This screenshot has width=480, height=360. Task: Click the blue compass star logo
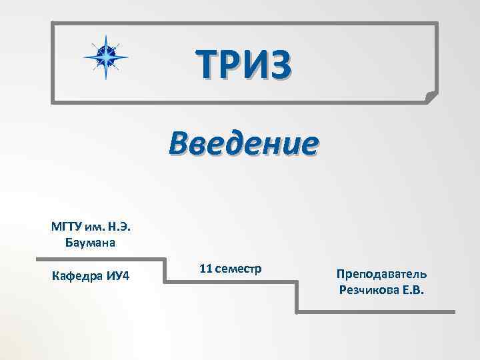[x=105, y=56]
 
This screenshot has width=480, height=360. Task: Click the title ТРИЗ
[x=244, y=65]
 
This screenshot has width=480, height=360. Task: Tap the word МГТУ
[x=65, y=227]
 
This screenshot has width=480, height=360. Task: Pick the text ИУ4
[x=117, y=276]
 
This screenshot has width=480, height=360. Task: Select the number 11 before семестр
[x=205, y=269]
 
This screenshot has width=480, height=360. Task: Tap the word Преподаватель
[x=382, y=274]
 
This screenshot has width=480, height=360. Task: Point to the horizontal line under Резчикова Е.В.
[x=377, y=311]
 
